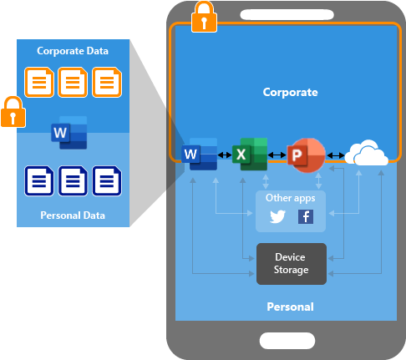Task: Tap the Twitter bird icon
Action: pos(277,217)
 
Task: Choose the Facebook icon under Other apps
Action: pos(305,217)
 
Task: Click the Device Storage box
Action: pos(292,263)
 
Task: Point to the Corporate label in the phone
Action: pos(291,92)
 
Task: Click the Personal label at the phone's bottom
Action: pos(290,307)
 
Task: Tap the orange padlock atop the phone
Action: pos(202,17)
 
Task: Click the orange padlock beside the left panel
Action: pos(12,110)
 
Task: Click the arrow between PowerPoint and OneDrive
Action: pos(336,155)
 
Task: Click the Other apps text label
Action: pos(290,198)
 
